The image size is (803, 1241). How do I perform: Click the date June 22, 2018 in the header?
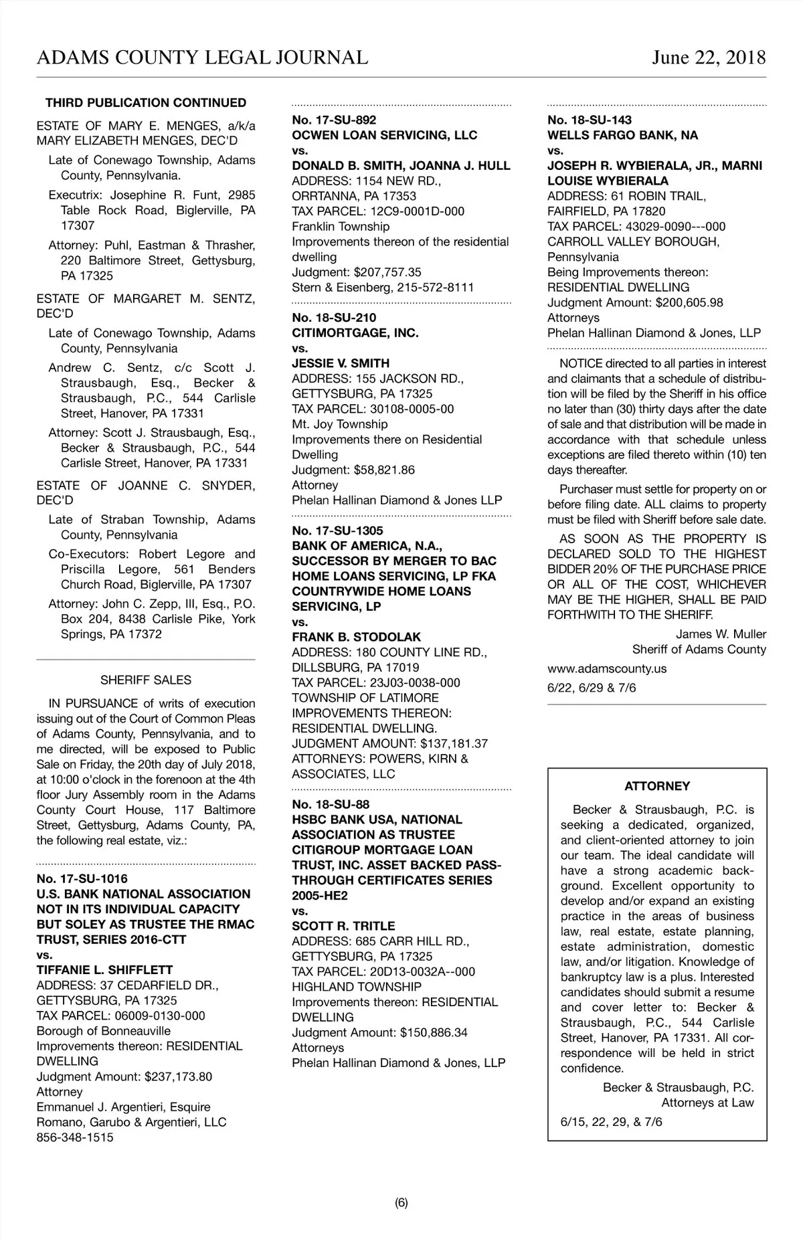pyautogui.click(x=709, y=58)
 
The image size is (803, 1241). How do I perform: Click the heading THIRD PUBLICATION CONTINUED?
pyautogui.click(x=146, y=103)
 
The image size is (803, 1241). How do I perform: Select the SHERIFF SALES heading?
pyautogui.click(x=146, y=680)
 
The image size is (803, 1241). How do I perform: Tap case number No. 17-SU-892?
pyautogui.click(x=334, y=120)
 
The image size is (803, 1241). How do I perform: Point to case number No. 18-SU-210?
pyautogui.click(x=334, y=318)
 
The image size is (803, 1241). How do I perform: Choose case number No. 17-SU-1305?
pyautogui.click(x=337, y=531)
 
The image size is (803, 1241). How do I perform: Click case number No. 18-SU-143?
pyautogui.click(x=590, y=120)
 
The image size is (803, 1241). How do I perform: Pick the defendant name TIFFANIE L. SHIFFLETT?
pyautogui.click(x=104, y=970)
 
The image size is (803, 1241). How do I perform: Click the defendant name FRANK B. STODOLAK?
pyautogui.click(x=357, y=637)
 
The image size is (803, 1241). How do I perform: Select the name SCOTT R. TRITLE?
pyautogui.click(x=343, y=926)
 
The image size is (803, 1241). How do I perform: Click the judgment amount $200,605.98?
pyautogui.click(x=689, y=302)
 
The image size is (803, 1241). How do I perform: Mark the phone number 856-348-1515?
pyautogui.click(x=75, y=1137)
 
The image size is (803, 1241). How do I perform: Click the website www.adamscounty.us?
pyautogui.click(x=607, y=668)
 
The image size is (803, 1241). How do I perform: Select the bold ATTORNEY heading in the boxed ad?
pyautogui.click(x=657, y=786)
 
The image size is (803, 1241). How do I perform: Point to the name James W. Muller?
pyautogui.click(x=721, y=634)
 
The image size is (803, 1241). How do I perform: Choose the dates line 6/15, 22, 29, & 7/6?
pyautogui.click(x=612, y=1121)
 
